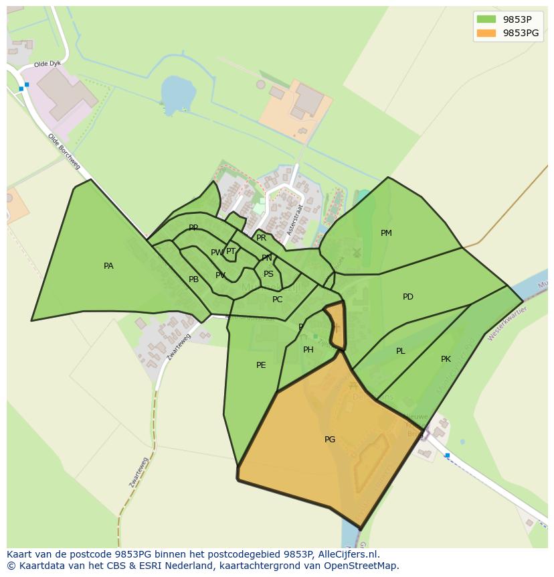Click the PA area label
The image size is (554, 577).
[x=108, y=266]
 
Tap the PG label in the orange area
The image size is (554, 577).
[x=330, y=440]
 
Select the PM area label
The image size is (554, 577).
[x=386, y=233]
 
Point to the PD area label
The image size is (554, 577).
[x=408, y=297]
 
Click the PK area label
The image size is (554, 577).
[x=446, y=359]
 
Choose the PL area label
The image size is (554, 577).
[x=400, y=351]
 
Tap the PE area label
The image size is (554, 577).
[x=261, y=365]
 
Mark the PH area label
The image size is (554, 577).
[x=308, y=350]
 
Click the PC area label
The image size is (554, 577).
[x=278, y=300]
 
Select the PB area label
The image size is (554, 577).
[x=193, y=279]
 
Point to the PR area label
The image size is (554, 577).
[x=261, y=238]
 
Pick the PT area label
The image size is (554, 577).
[x=231, y=251]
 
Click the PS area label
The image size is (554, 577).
[x=268, y=274]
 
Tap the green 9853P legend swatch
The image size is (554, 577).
[x=486, y=19]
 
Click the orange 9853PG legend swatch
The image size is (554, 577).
[x=486, y=33]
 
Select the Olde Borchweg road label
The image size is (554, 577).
[x=64, y=151]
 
